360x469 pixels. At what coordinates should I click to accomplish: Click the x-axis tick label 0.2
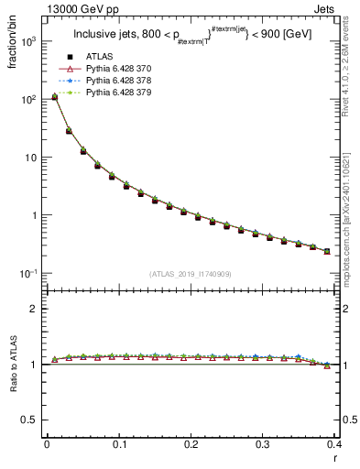coord(190,444)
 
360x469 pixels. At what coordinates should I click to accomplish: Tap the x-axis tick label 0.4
coord(333,444)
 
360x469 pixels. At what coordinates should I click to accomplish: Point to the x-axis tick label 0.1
coord(118,444)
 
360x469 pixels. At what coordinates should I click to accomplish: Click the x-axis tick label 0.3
coord(262,444)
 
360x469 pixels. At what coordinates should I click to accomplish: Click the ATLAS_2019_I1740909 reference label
coord(190,273)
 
